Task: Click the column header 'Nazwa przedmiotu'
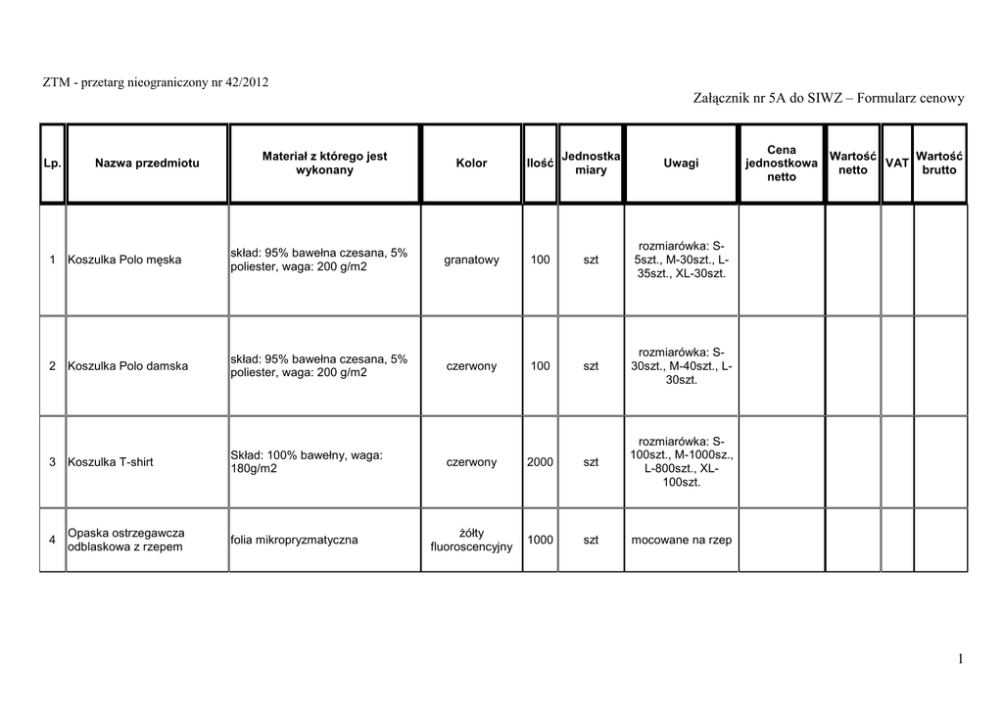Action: (x=147, y=163)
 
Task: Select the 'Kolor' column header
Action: (x=471, y=163)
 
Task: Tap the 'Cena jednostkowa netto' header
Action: (x=781, y=164)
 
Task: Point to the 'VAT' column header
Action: (x=896, y=163)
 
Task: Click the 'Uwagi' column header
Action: (x=681, y=163)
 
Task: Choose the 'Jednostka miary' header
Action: (x=591, y=163)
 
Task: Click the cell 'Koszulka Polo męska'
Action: (x=124, y=260)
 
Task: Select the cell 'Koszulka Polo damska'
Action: (x=127, y=366)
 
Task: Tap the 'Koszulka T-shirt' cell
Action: (x=111, y=462)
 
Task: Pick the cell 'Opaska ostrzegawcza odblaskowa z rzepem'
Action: (x=125, y=540)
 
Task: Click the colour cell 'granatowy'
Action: (x=471, y=260)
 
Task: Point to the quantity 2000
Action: (x=540, y=462)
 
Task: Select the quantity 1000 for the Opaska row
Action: (x=540, y=540)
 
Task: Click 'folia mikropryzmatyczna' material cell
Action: (x=294, y=540)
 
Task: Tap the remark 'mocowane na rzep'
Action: (x=681, y=540)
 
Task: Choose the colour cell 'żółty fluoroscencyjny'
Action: (x=471, y=540)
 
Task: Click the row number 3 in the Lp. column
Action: (x=51, y=462)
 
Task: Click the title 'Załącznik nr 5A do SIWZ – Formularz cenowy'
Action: (x=829, y=99)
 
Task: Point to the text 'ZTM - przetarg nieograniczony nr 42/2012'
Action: (x=156, y=80)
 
